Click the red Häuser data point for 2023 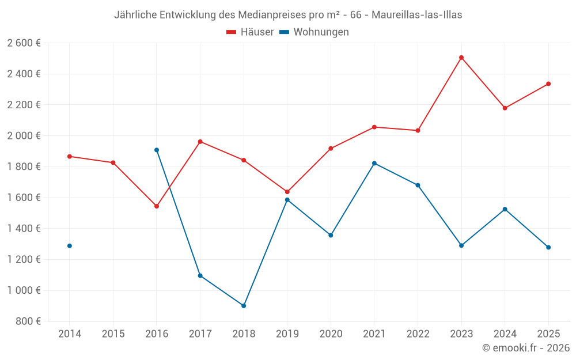click(x=461, y=58)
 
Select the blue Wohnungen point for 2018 click(x=244, y=306)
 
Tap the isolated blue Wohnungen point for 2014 click(x=70, y=246)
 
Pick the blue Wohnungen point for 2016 click(x=157, y=150)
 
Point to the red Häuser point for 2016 click(x=157, y=206)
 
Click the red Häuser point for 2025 click(x=548, y=84)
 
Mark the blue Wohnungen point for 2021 click(x=374, y=164)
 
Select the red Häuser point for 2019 click(x=287, y=192)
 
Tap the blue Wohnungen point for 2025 click(x=548, y=248)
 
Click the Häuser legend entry click(x=250, y=32)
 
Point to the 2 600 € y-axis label click(x=24, y=43)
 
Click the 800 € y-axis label click(x=28, y=321)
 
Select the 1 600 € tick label click(x=24, y=198)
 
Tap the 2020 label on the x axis click(x=331, y=334)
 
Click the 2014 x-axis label click(x=70, y=334)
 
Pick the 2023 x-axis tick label click(x=461, y=334)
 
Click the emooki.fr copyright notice click(x=525, y=348)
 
